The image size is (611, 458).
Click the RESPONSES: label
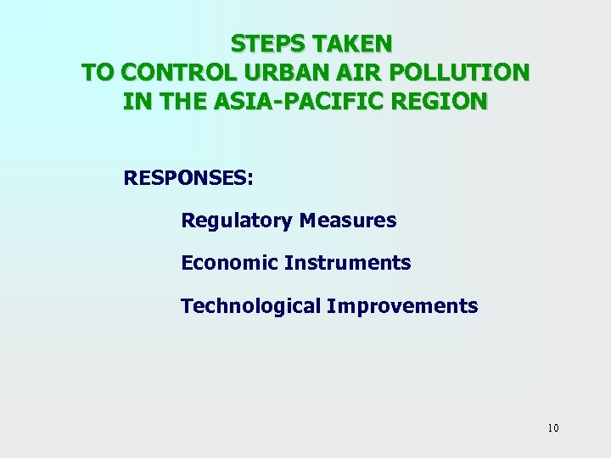(x=188, y=179)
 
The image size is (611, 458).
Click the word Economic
(x=229, y=264)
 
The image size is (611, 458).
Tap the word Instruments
(x=348, y=264)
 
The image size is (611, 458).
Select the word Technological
(x=250, y=306)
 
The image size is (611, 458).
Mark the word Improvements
(x=402, y=306)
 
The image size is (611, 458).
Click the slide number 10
(x=553, y=428)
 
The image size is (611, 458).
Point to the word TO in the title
(x=98, y=73)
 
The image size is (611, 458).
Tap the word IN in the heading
(x=133, y=103)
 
